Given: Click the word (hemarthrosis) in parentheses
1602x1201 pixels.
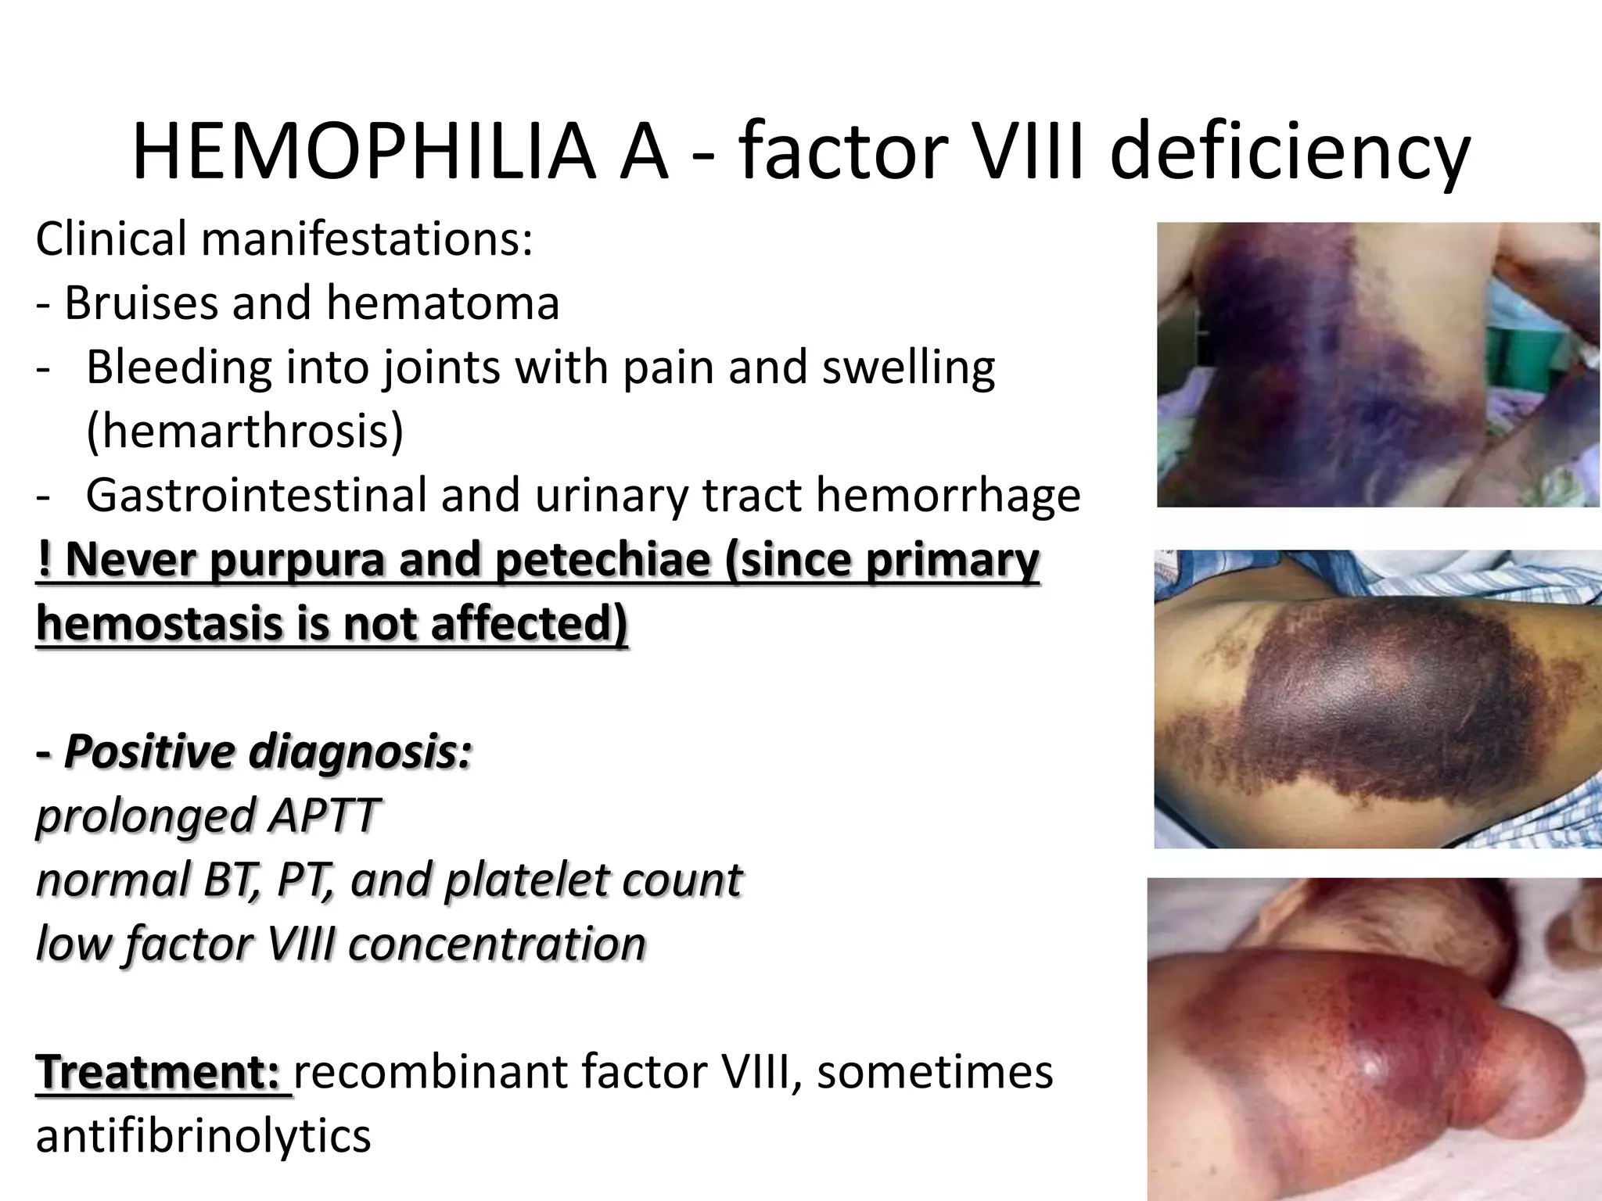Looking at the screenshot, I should pos(245,431).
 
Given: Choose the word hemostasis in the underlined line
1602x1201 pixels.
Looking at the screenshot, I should pos(153,624).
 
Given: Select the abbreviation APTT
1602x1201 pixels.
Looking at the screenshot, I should pos(322,816).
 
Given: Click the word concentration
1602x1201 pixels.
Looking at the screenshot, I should pos(497,944).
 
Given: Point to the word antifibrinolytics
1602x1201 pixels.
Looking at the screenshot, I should pos(203,1136).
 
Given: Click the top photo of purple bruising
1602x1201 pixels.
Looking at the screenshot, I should pos(1378,364).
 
